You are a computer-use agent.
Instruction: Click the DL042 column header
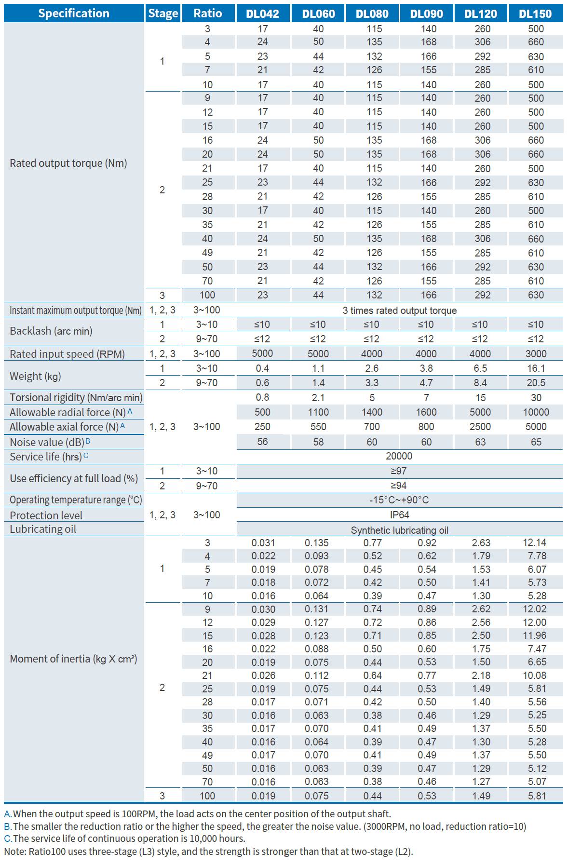262,14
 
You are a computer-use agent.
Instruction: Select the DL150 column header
535,14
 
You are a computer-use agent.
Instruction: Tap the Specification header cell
74,13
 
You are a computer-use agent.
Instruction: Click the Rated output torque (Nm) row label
68,163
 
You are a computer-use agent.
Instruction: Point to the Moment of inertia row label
73,659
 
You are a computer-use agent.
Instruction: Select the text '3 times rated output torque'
399,311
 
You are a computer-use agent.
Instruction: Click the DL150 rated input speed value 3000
536,354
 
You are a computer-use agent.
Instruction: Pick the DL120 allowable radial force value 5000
480,412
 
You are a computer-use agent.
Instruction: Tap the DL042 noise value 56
262,442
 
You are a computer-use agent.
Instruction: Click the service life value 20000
399,456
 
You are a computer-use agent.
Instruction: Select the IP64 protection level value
399,515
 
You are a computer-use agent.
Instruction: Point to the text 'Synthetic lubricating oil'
399,530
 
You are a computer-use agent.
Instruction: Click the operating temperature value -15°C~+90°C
399,500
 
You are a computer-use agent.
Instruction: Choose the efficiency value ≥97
399,471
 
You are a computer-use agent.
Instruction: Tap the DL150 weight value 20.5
536,383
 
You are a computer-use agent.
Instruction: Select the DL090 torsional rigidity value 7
426,398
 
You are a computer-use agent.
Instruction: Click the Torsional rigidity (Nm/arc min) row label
76,397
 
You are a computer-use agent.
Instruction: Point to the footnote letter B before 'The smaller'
7,826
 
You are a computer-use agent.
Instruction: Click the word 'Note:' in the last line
15,851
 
